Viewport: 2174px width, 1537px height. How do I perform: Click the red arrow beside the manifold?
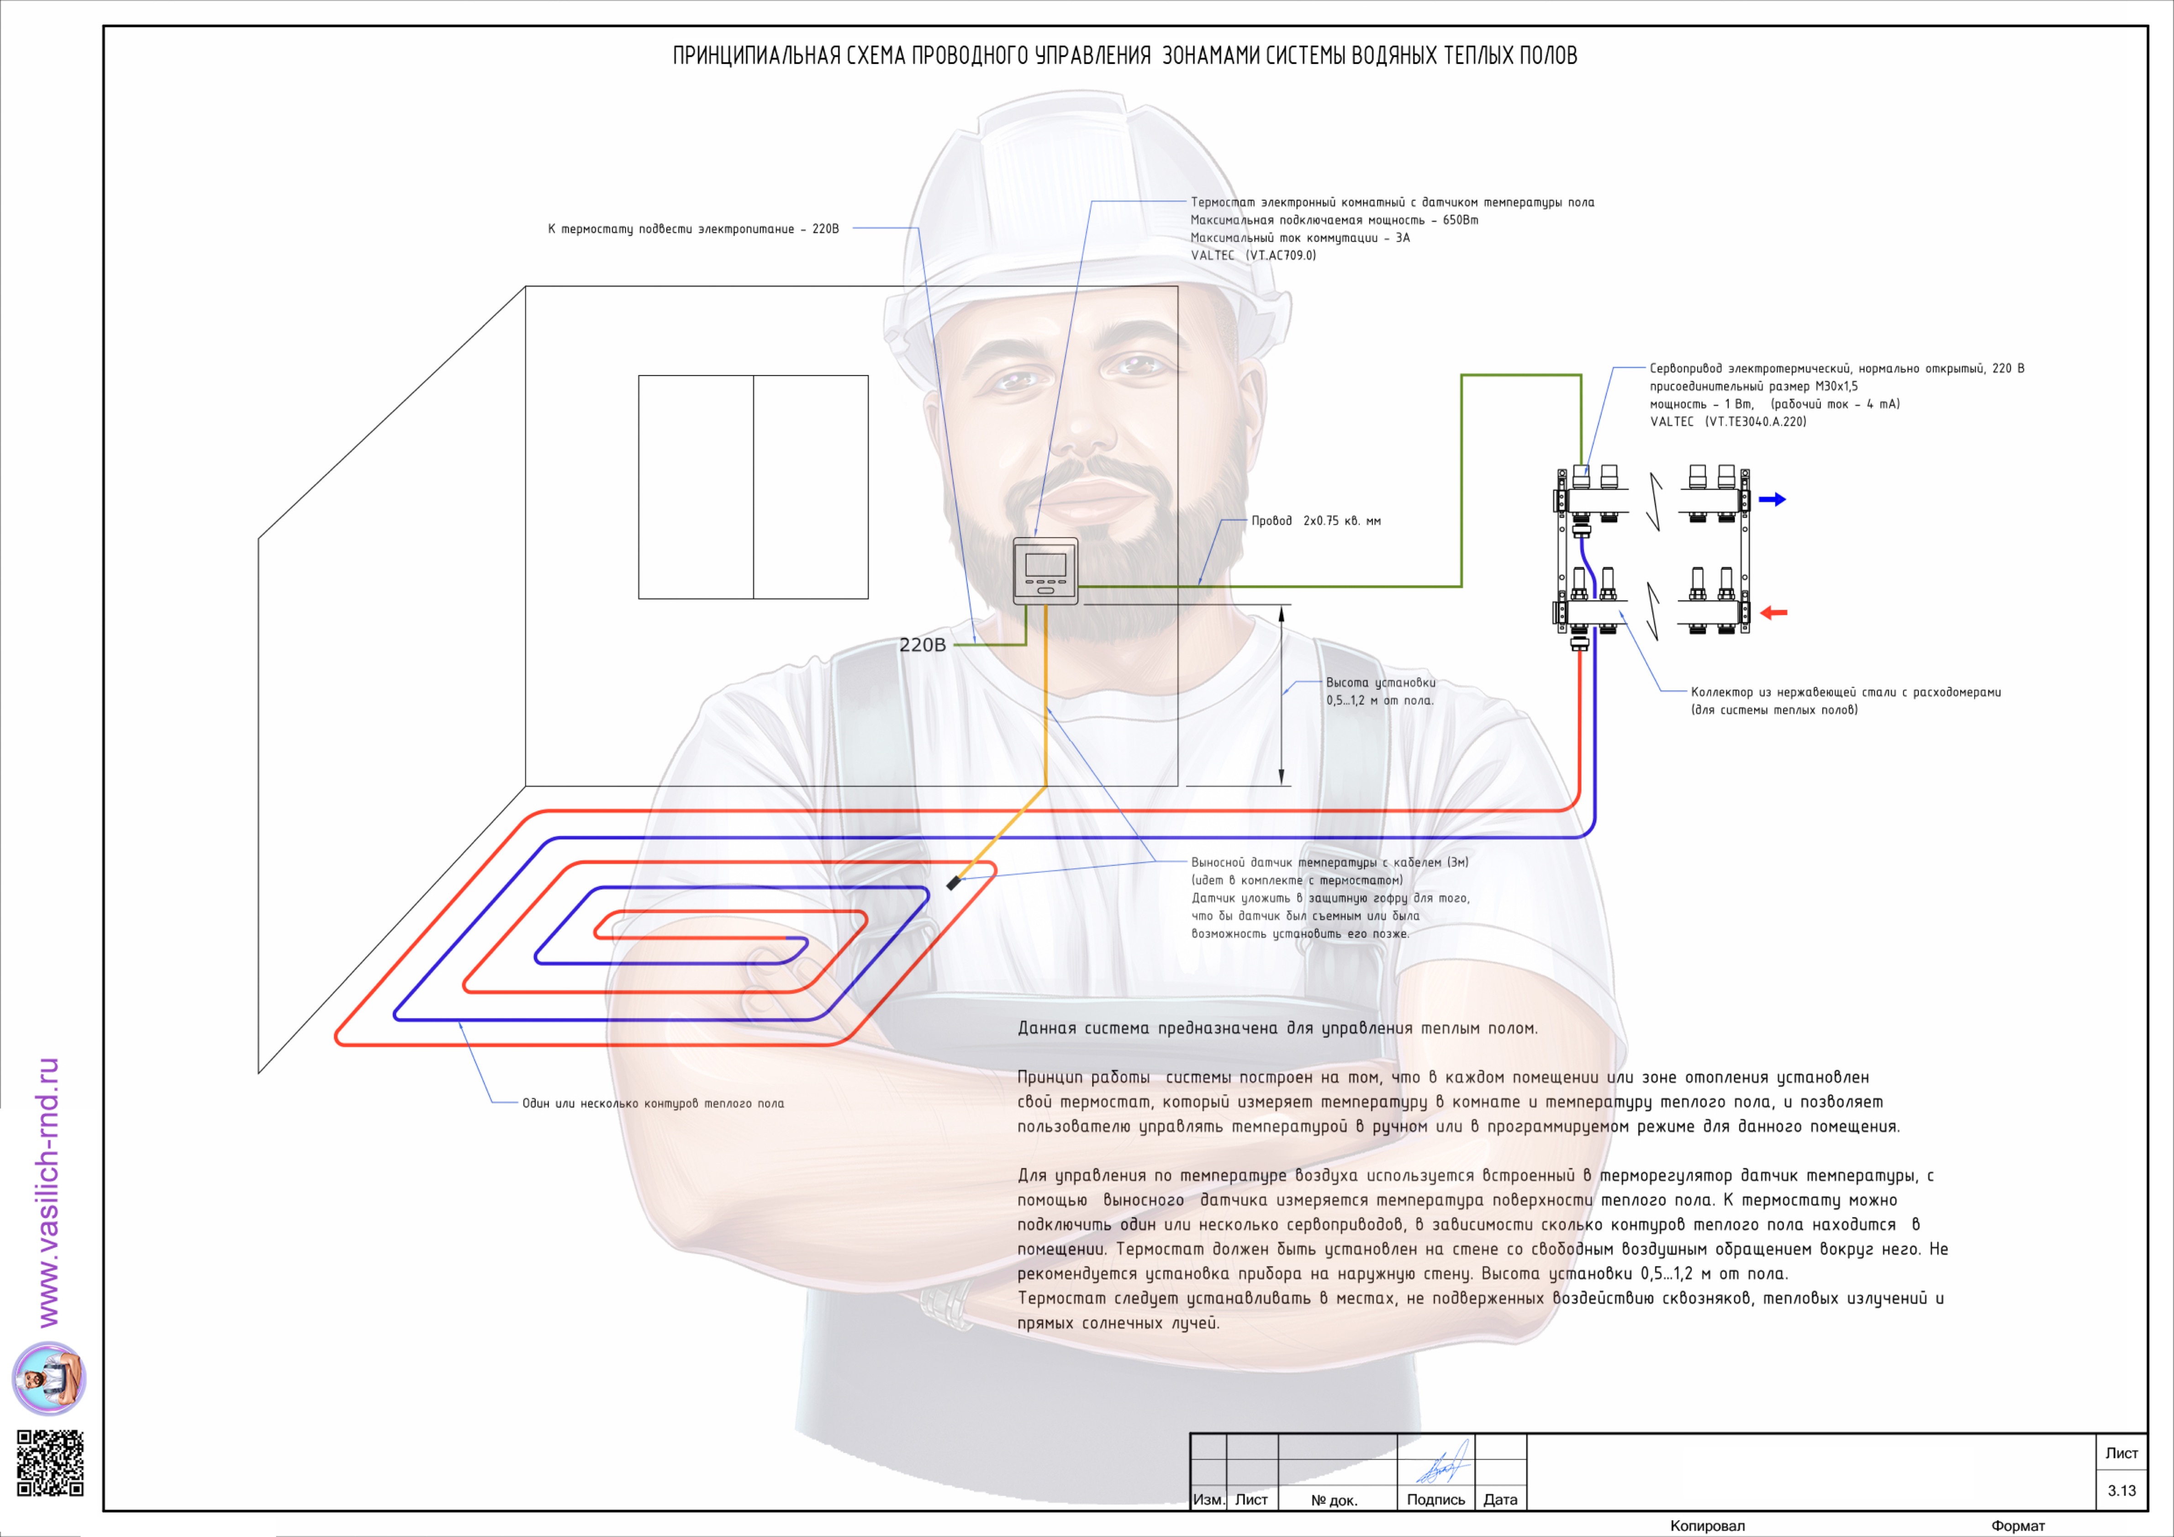1773,613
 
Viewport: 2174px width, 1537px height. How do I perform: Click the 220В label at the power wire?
922,645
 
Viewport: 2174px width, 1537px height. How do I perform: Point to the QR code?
50,1463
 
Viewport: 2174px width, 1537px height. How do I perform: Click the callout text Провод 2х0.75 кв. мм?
1316,521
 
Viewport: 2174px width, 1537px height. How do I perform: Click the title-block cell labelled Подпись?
1435,1499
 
